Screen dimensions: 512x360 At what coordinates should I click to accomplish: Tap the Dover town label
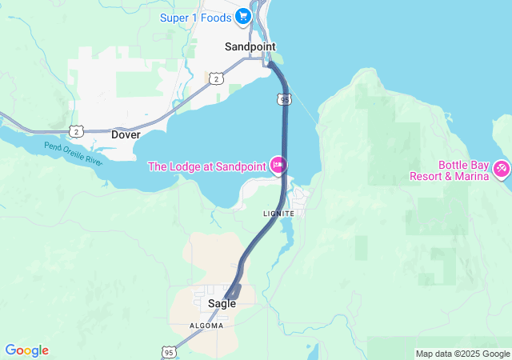[x=126, y=134]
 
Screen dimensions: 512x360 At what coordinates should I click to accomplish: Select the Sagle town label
[x=222, y=304]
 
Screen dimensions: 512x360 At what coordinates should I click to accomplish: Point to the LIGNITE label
[x=278, y=214]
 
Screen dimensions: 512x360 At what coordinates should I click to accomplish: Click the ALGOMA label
[x=206, y=326]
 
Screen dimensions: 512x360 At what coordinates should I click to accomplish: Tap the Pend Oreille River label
[x=74, y=149]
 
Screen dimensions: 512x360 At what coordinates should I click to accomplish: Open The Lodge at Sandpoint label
[x=208, y=166]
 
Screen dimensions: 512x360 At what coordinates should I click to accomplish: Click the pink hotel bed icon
[x=278, y=166]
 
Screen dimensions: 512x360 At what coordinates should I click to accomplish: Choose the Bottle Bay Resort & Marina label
[x=449, y=170]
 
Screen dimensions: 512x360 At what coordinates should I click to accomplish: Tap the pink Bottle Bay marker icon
[x=502, y=169]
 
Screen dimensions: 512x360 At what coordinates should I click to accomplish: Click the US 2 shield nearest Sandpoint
[x=216, y=78]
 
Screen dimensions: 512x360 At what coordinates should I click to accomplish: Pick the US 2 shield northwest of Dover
[x=76, y=130]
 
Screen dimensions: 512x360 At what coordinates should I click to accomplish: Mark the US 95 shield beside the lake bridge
[x=286, y=99]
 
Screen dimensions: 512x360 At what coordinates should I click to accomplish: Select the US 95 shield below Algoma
[x=168, y=351]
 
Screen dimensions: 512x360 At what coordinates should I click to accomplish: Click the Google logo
[x=26, y=350]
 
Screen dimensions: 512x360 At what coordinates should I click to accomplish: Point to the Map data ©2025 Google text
[x=462, y=354]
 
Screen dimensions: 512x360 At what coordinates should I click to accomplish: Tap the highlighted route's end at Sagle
[x=230, y=294]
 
